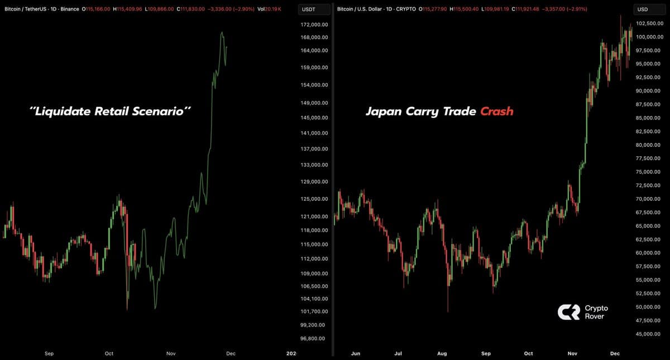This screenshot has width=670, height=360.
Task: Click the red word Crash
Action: pyautogui.click(x=496, y=112)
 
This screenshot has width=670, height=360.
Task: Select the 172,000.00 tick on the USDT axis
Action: pyautogui.click(x=314, y=25)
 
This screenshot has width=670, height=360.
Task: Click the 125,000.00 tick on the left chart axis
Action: pyautogui.click(x=314, y=199)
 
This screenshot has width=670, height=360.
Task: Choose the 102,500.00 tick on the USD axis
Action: pyautogui.click(x=649, y=23)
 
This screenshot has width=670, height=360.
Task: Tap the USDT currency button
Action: pyautogui.click(x=308, y=9)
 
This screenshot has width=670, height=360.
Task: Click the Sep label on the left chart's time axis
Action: pyautogui.click(x=49, y=353)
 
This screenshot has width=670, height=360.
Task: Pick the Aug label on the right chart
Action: pyautogui.click(x=442, y=353)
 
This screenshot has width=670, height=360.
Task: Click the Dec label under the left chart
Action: pyautogui.click(x=231, y=353)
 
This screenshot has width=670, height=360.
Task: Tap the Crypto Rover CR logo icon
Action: pyautogui.click(x=568, y=312)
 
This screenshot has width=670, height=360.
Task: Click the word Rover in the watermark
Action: pyautogui.click(x=594, y=316)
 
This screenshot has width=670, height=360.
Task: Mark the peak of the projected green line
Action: pyautogui.click(x=222, y=33)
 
